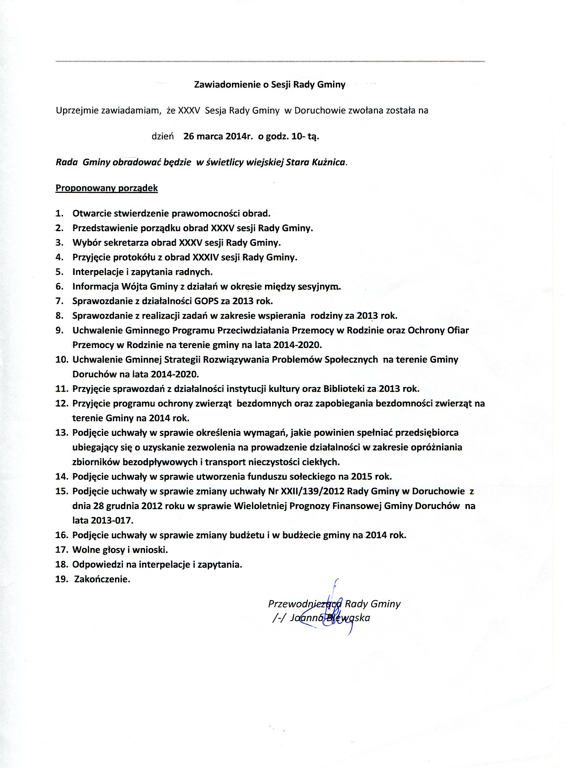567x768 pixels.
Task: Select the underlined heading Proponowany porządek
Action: click(x=106, y=188)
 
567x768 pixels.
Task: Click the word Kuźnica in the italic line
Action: click(x=331, y=162)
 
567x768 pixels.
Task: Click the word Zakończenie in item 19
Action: click(x=102, y=580)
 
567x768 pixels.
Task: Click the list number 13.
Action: click(x=62, y=433)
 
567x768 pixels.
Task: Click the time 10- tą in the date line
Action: click(x=305, y=136)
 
